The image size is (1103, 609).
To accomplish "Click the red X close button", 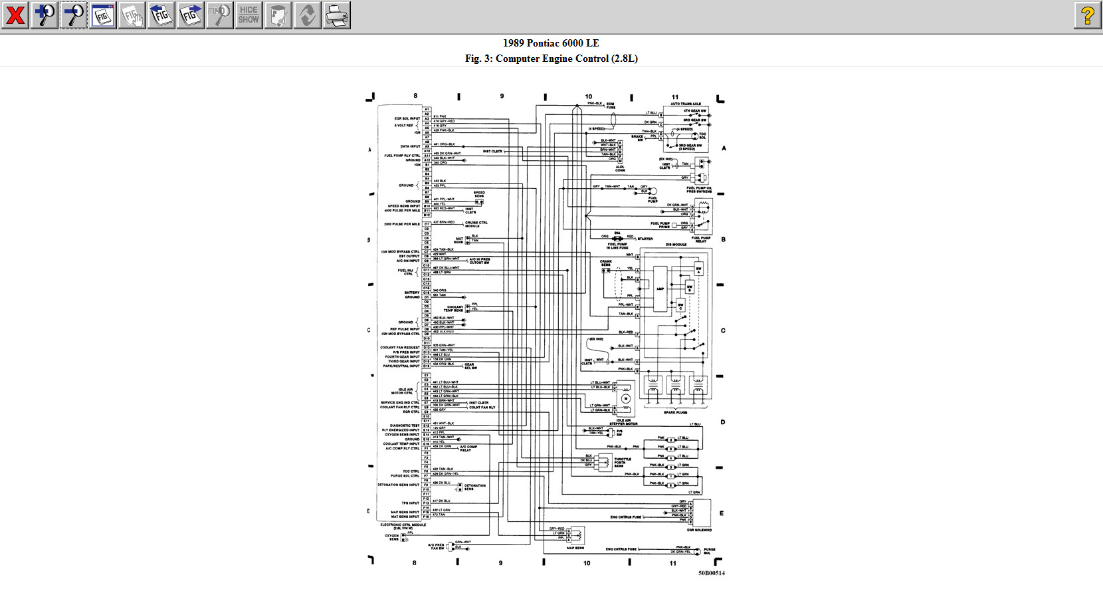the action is click(15, 15).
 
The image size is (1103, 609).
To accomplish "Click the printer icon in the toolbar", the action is click(337, 15).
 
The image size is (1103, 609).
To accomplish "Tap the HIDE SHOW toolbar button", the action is click(249, 15).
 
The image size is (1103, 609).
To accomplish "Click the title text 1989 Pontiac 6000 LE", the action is click(551, 43).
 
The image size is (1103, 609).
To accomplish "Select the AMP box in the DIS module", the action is click(660, 289).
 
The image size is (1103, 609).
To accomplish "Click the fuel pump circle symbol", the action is click(653, 191).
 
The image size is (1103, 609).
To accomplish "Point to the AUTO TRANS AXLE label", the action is click(686, 104).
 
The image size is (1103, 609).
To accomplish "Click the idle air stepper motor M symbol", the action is click(625, 399).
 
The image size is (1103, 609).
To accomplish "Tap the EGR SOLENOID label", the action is click(699, 530).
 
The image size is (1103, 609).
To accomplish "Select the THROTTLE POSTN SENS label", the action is click(623, 462).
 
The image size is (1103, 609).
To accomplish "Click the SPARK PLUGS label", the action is click(675, 412).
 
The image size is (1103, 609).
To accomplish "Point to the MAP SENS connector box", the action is click(575, 535).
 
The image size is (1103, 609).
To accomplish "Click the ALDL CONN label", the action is click(620, 169).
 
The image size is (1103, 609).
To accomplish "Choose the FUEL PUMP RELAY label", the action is click(701, 239).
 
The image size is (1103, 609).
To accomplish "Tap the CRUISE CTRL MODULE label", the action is click(476, 224).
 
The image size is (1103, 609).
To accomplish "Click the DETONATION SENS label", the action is click(475, 487).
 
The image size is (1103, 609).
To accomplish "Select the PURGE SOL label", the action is click(709, 551).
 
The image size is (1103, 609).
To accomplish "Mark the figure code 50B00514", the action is click(711, 572).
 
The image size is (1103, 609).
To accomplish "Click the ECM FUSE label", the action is click(611, 106).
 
